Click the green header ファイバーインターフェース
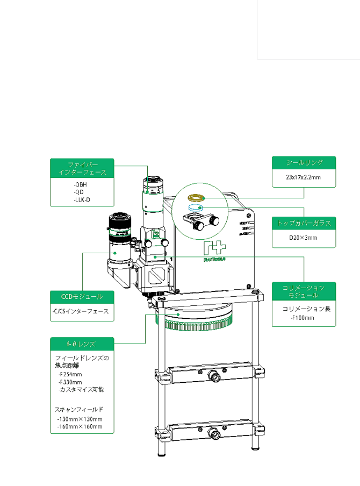coord(82,168)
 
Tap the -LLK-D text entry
coord(82,199)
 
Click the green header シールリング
coord(304,162)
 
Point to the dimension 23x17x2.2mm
coord(304,176)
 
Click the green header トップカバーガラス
coord(304,223)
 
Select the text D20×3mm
coord(303,237)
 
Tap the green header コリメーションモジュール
coord(304,291)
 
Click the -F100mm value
coord(302,317)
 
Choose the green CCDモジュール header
coord(82,296)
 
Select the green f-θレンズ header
coord(82,343)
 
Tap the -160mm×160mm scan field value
coord(80,426)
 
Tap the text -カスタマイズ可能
coord(81,389)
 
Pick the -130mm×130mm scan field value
coord(80,419)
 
